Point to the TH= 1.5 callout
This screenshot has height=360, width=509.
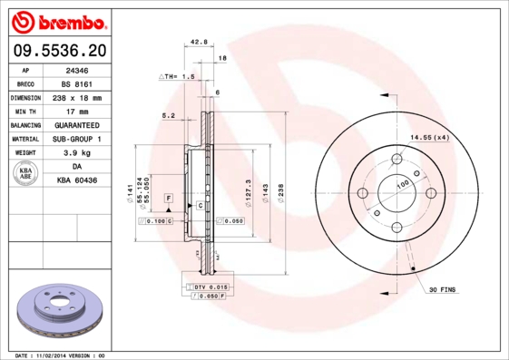[x=178, y=77]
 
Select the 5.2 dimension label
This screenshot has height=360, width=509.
[x=168, y=115]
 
